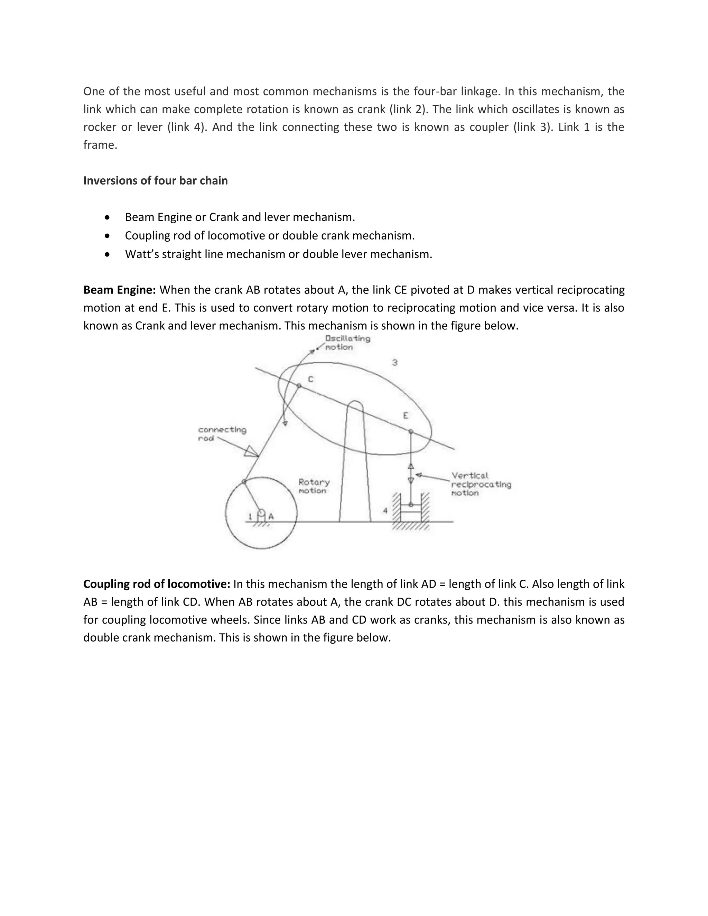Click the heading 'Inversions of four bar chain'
(155, 181)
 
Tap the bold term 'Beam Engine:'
(120, 290)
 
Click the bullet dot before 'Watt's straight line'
(108, 254)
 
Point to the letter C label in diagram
(310, 379)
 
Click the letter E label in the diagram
(405, 415)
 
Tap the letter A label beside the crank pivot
(271, 517)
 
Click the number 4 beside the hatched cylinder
(385, 511)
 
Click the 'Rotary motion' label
(314, 486)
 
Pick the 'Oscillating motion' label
(347, 343)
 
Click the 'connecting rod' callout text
(222, 434)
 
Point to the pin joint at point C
(299, 386)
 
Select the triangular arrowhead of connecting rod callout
(251, 451)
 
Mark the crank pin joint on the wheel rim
(244, 482)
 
